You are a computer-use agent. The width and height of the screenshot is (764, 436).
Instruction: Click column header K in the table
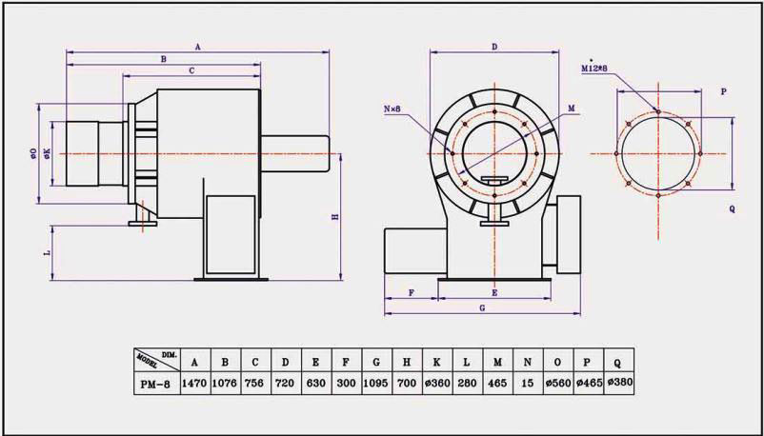(435, 361)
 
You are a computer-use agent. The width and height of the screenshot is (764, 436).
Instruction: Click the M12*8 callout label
(596, 69)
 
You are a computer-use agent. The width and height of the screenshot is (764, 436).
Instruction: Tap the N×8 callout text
(392, 109)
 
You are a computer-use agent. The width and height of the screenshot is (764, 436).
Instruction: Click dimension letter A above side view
(197, 46)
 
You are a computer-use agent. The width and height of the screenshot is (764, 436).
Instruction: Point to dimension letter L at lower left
(47, 254)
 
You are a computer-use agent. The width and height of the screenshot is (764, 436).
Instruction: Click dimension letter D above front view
(494, 46)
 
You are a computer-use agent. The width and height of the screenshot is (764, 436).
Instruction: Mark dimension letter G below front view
(482, 308)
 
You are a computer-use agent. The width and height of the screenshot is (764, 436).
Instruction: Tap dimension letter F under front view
(411, 292)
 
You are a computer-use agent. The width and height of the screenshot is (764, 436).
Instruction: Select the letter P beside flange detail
(723, 91)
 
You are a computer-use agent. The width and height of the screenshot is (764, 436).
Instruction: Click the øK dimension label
(47, 152)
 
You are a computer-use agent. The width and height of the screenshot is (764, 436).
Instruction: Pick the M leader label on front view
(571, 109)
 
